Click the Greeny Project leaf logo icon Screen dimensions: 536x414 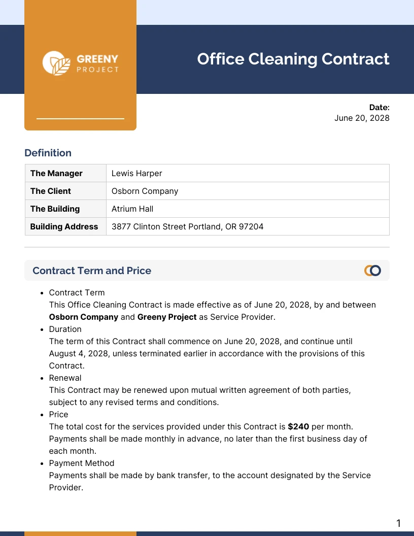pos(56,63)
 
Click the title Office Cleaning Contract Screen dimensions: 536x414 pos(293,59)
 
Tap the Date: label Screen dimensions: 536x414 pos(379,107)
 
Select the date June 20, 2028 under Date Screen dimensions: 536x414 pos(362,118)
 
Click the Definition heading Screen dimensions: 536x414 pos(48,153)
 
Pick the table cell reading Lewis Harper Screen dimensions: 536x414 pos(136,173)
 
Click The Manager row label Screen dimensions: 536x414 pos(56,173)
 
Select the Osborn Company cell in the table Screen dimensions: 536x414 pos(145,191)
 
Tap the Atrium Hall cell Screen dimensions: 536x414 pos(132,209)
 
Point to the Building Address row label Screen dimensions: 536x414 pos(64,226)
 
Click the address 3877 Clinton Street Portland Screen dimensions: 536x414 pos(187,226)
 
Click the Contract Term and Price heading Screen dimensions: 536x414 pos(92,271)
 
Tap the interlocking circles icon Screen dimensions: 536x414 pos(372,271)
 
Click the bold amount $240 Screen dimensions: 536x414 pos(298,426)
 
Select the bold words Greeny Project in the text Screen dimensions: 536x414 pos(167,317)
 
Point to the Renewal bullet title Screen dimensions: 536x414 pos(65,378)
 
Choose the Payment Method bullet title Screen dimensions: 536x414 pos(81,463)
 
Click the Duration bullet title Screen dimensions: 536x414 pos(65,329)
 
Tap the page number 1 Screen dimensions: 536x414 pos(398,523)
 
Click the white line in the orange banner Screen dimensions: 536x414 pos(80,119)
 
